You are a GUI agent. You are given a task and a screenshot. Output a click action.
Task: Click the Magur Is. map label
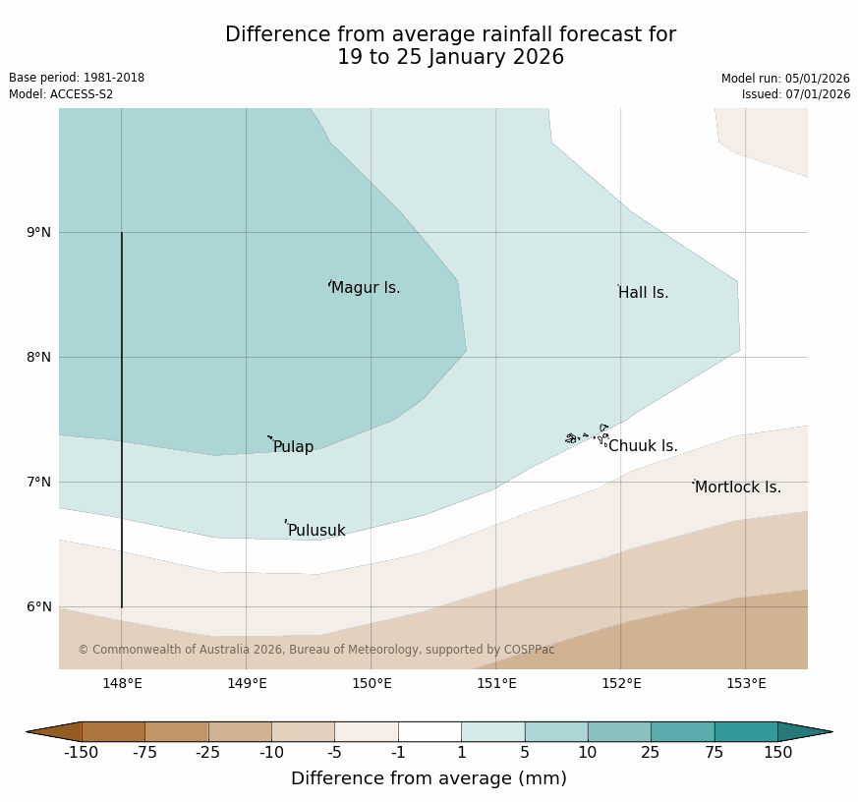pos(366,288)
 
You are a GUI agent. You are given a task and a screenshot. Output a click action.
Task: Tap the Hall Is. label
pos(644,293)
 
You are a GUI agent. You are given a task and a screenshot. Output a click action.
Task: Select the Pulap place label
pos(293,447)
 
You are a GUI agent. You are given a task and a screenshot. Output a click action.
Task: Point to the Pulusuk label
pos(316,531)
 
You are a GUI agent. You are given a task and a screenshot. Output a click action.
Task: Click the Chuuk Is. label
pos(643,446)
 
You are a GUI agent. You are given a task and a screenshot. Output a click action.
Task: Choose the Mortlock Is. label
pos(738,487)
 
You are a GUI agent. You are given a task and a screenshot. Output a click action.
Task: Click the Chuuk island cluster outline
pos(588,435)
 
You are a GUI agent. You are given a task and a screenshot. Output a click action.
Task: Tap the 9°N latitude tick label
pos(38,233)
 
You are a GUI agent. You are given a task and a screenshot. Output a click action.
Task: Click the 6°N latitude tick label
pos(38,607)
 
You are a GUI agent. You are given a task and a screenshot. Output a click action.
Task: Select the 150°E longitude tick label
pos(372,684)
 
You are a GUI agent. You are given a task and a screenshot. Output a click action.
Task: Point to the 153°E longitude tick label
pos(746,684)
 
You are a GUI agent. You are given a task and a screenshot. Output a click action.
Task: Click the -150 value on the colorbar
pos(82,753)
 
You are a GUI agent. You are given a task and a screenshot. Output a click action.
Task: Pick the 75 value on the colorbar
pos(715,753)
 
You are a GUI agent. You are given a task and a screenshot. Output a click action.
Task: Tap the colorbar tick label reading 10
pos(588,753)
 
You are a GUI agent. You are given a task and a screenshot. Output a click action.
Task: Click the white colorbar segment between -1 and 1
pos(429,731)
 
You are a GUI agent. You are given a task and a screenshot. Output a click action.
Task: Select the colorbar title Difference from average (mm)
pos(429,778)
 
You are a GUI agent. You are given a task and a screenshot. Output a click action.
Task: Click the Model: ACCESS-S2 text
pos(61,94)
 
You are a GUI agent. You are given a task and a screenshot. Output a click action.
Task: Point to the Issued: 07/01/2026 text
pos(796,94)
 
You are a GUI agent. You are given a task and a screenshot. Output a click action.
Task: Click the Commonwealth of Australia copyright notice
pos(316,650)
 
